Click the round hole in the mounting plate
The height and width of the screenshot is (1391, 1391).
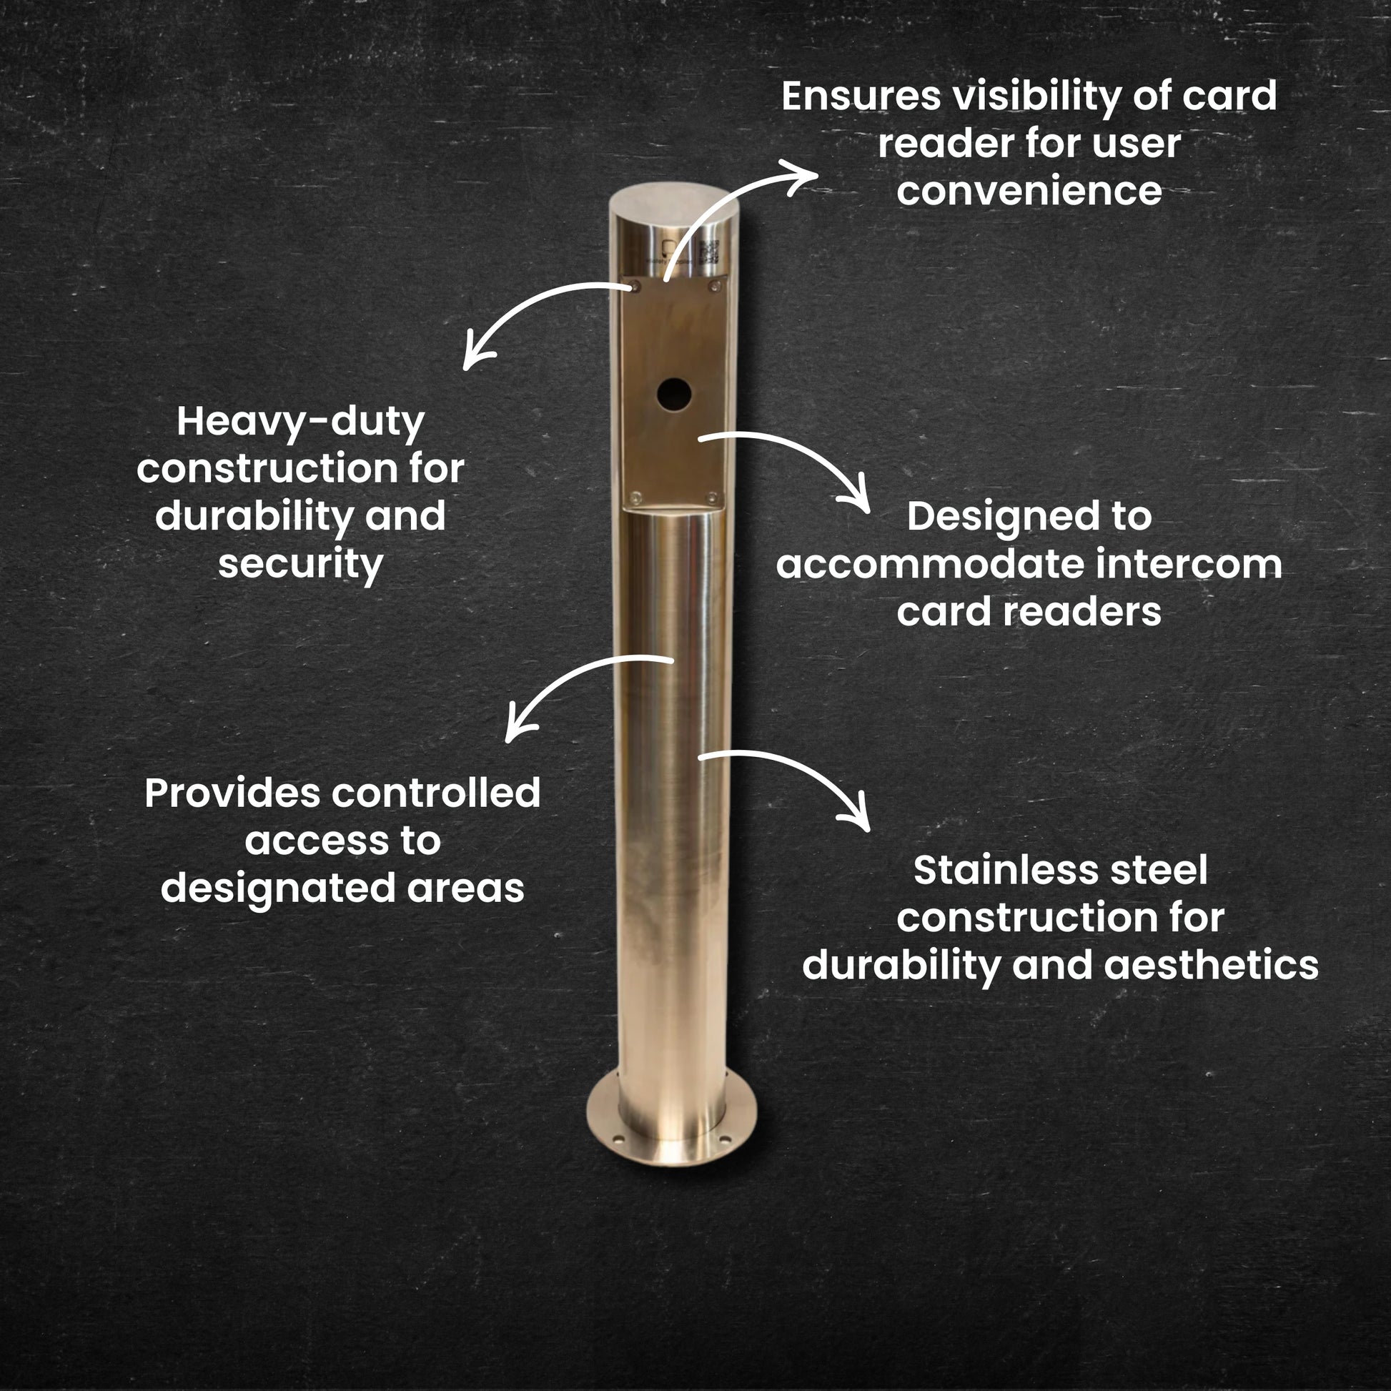673,393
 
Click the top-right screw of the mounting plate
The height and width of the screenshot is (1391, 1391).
714,287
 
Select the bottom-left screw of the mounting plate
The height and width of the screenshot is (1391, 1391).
635,497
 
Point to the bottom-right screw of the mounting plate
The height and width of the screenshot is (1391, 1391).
711,497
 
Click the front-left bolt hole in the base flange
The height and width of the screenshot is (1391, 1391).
617,1139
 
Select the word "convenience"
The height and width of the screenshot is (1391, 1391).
1029,191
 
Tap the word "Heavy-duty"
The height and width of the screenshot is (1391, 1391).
300,422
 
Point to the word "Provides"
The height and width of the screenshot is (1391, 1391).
232,793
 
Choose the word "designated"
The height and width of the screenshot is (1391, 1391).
278,890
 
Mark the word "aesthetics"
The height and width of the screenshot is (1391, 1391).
1211,966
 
